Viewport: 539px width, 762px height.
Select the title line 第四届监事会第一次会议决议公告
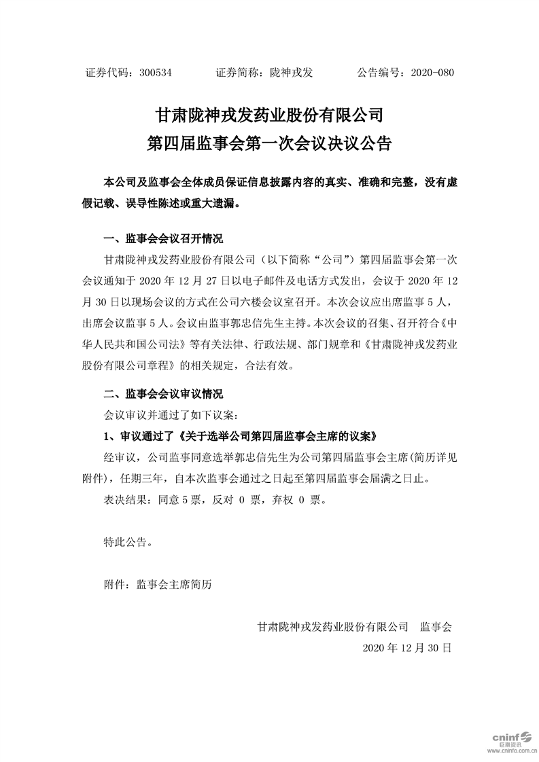point(270,143)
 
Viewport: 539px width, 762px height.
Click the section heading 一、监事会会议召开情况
point(162,240)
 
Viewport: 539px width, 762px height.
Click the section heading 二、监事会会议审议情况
point(162,394)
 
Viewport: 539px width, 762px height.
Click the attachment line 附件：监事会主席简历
point(158,583)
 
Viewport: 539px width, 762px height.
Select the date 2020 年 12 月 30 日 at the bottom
point(407,647)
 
